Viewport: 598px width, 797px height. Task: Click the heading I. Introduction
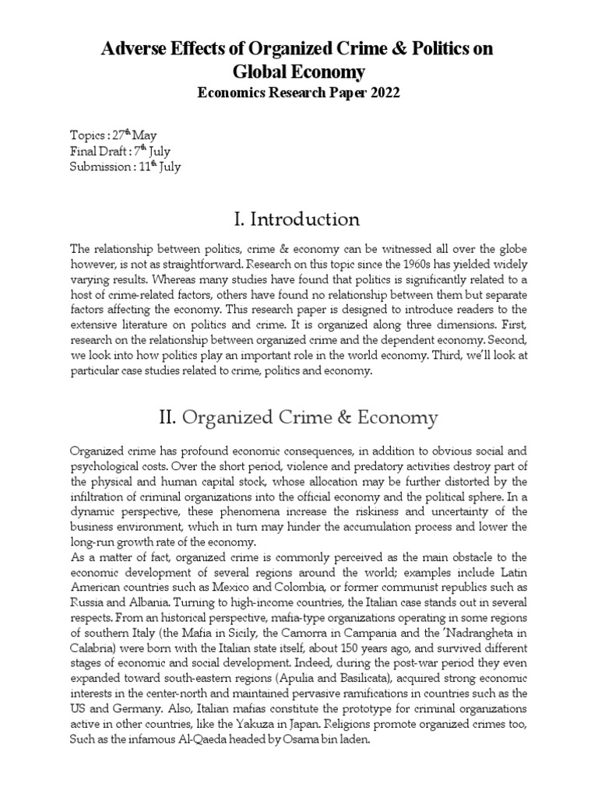click(x=298, y=219)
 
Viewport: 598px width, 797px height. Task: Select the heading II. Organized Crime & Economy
click(x=298, y=418)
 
